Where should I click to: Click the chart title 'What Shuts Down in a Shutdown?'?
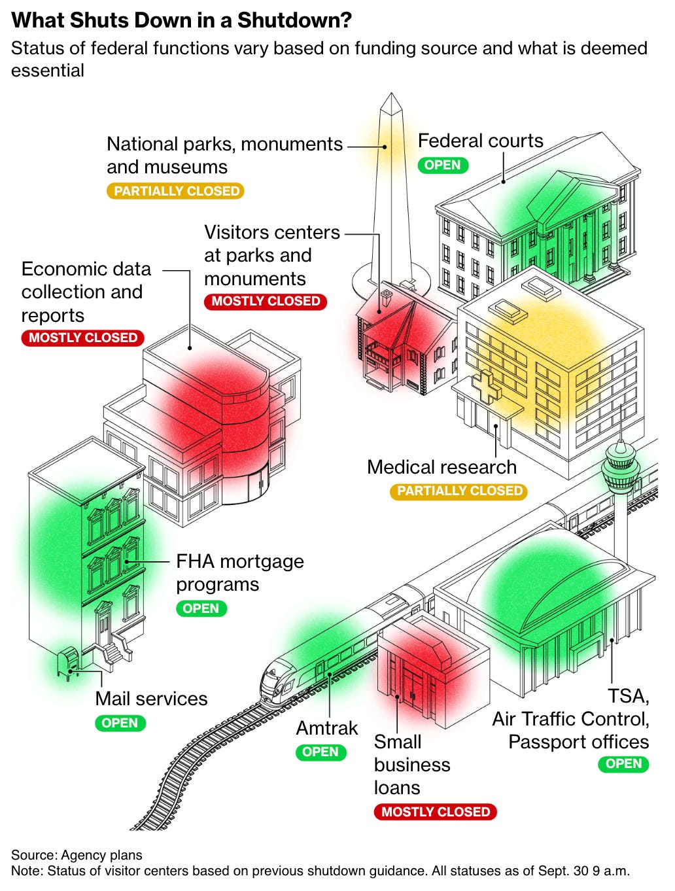tap(182, 21)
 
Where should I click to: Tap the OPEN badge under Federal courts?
tap(443, 165)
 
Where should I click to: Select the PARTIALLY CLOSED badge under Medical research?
tap(459, 491)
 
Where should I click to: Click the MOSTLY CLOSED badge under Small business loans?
tap(435, 812)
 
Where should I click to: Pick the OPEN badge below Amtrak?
tap(320, 752)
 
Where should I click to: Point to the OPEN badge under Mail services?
tap(120, 723)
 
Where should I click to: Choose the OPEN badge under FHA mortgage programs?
tap(201, 608)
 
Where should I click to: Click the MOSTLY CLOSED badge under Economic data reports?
tap(82, 338)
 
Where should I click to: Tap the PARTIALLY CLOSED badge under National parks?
tap(176, 191)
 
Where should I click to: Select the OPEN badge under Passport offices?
tap(623, 763)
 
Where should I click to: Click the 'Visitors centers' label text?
tap(271, 233)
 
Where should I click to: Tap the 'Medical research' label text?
tap(441, 467)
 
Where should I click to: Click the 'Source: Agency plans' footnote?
tap(77, 854)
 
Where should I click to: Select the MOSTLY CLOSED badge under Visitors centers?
tap(265, 301)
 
